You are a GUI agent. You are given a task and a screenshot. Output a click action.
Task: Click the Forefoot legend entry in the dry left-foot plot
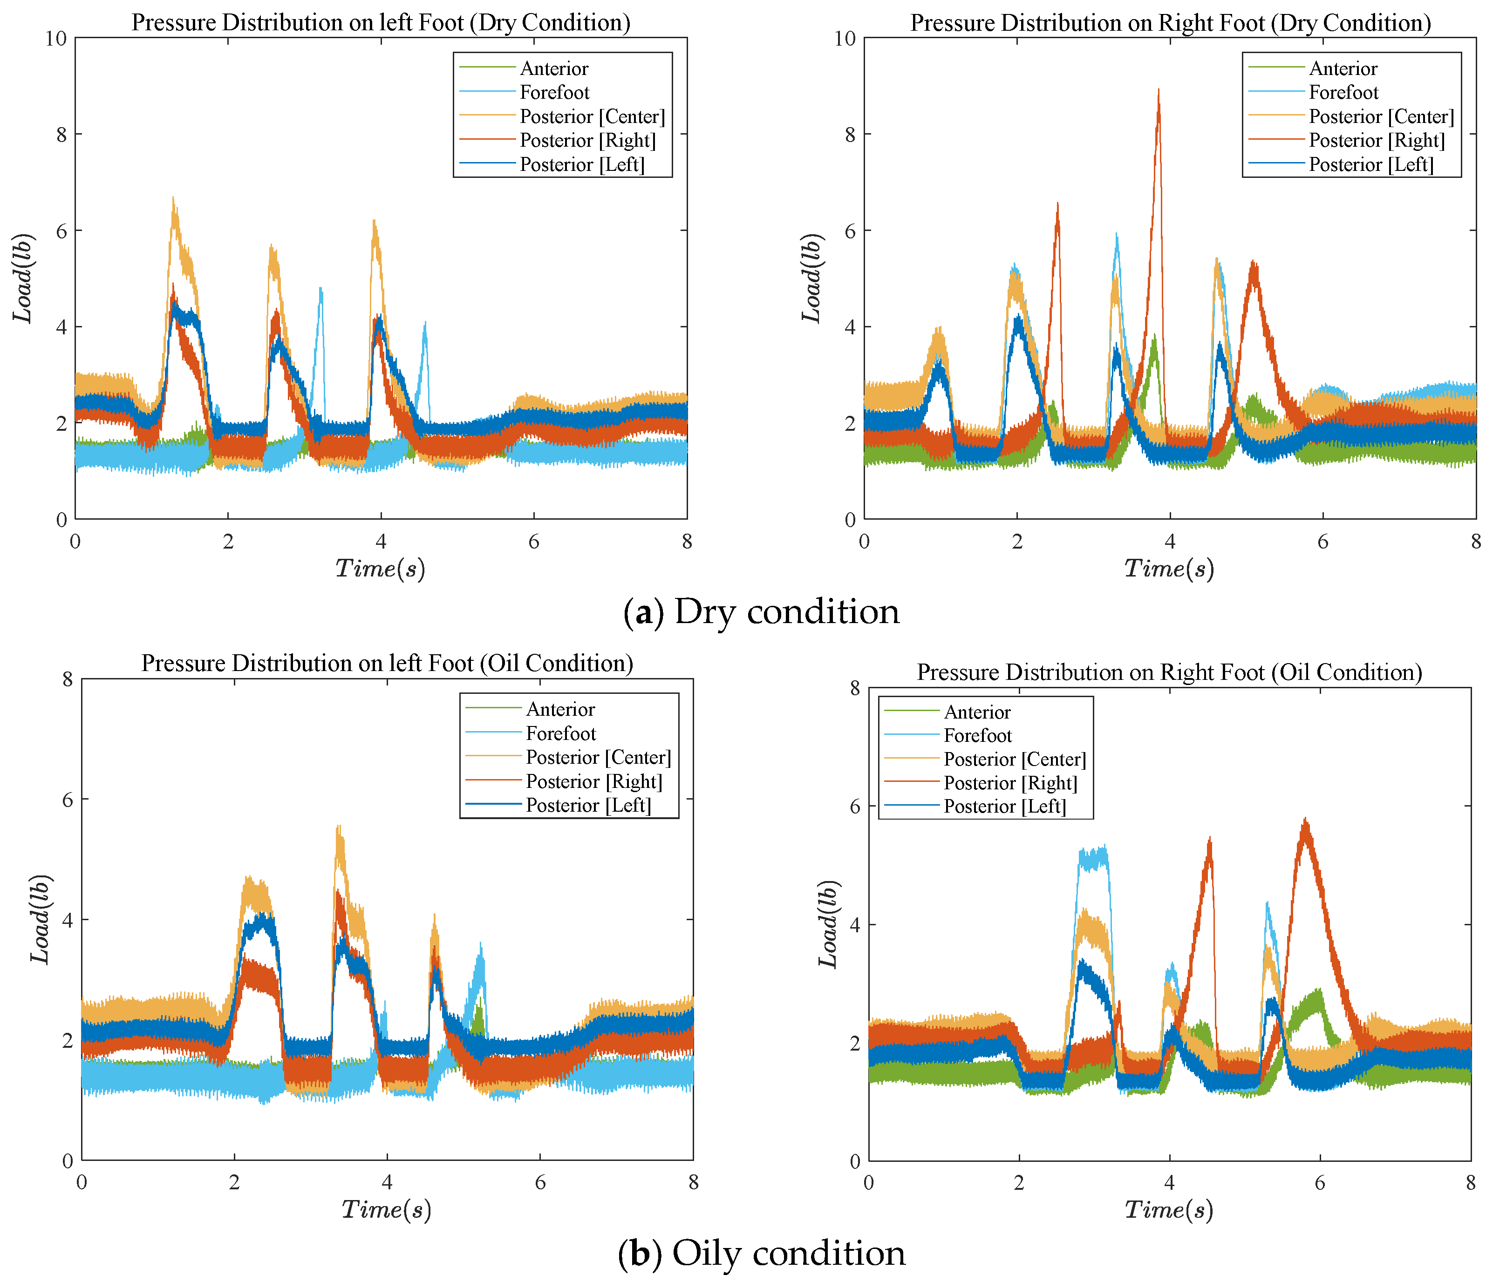pyautogui.click(x=554, y=93)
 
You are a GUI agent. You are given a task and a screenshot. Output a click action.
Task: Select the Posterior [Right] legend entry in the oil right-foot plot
pyautogui.click(x=1010, y=783)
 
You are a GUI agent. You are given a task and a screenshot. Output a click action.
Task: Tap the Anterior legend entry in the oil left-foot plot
pyautogui.click(x=560, y=709)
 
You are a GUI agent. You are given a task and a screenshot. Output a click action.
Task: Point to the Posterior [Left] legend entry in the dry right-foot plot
pyautogui.click(x=1370, y=164)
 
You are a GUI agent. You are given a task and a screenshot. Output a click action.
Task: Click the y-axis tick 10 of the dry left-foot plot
pyautogui.click(x=56, y=38)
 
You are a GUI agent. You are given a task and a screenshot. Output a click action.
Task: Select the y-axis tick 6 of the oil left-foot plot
pyautogui.click(x=68, y=800)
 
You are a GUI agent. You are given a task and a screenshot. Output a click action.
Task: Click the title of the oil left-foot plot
pyautogui.click(x=387, y=663)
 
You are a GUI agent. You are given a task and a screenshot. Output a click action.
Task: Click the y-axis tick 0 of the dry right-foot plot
pyautogui.click(x=850, y=520)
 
